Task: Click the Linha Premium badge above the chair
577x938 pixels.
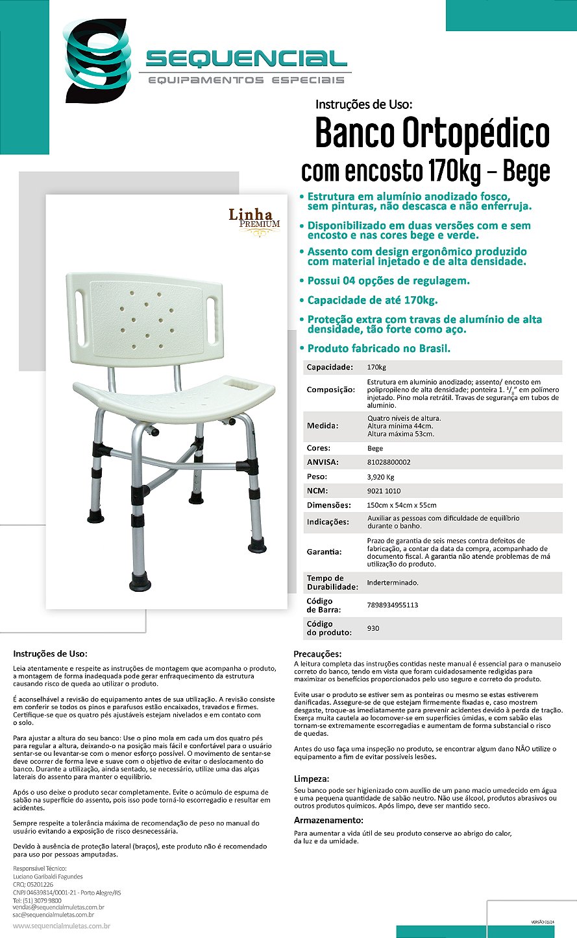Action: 254,218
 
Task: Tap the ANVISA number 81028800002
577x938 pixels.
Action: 389,462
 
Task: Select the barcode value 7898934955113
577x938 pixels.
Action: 393,605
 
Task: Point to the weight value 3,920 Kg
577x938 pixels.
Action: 381,476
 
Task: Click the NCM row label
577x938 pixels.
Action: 317,491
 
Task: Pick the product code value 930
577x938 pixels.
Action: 373,628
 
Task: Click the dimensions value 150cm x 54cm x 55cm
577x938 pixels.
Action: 402,505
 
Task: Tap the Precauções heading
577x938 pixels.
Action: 317,653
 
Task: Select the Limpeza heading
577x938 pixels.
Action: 312,779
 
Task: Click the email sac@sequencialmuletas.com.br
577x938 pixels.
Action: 54,915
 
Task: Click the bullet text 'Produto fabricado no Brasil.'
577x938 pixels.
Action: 378,348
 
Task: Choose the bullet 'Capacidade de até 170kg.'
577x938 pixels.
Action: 372,300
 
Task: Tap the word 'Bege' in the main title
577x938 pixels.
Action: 526,171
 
